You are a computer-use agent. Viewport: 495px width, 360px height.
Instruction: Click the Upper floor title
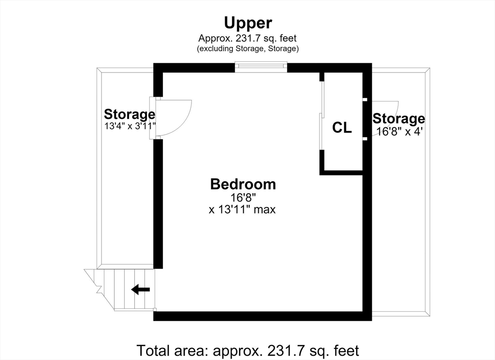(248, 23)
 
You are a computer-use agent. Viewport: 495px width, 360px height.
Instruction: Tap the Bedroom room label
(243, 184)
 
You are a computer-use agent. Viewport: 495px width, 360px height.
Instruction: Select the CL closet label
(342, 128)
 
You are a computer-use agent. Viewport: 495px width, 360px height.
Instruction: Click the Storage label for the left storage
(130, 114)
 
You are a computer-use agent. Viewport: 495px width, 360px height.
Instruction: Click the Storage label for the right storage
(399, 119)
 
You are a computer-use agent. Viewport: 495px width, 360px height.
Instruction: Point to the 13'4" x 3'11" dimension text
(131, 126)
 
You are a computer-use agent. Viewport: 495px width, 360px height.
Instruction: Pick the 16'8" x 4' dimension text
(399, 131)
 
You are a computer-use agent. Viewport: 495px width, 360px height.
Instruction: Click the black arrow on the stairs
(141, 289)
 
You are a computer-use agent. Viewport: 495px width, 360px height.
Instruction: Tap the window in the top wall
(261, 67)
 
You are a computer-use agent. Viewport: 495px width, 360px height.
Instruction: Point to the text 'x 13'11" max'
(242, 210)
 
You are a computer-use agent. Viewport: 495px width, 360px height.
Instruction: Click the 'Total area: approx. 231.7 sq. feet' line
(248, 350)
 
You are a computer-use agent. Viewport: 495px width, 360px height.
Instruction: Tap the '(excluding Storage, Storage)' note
(248, 49)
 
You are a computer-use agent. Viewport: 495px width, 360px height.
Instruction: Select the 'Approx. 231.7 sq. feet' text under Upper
(247, 39)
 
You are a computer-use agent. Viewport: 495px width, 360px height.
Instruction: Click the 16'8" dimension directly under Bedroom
(243, 198)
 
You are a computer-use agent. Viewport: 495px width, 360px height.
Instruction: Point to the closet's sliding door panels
(321, 115)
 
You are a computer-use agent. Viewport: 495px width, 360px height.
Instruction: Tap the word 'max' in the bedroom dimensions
(264, 210)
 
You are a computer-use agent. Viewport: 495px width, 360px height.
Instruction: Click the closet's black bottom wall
(341, 173)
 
